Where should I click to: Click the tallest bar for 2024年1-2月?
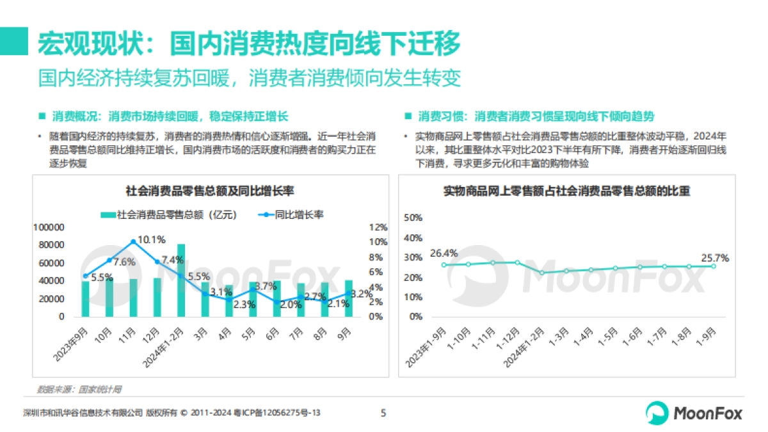point(181,280)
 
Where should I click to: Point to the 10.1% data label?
point(152,239)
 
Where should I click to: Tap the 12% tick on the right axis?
point(378,227)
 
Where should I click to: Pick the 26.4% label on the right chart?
point(444,253)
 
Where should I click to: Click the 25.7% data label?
point(715,257)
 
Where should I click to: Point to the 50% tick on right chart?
point(414,218)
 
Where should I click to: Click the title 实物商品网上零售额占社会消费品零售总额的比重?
point(566,191)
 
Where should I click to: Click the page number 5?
point(383,413)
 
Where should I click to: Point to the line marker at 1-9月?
point(714,266)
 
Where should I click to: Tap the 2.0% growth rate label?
point(290,305)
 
